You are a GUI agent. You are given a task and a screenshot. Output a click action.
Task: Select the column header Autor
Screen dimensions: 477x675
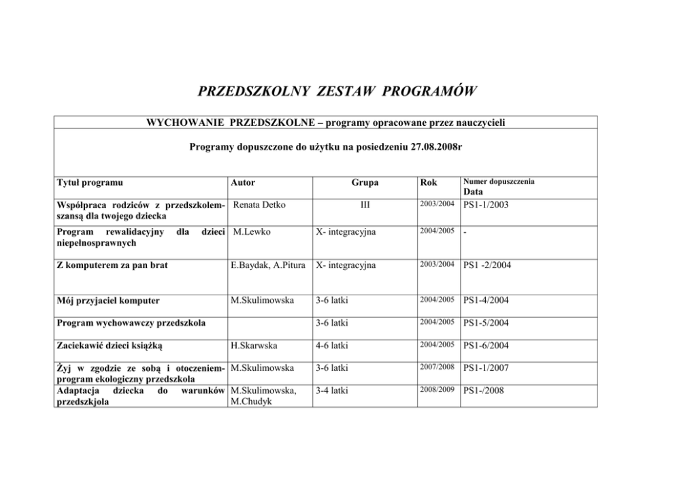tap(243, 182)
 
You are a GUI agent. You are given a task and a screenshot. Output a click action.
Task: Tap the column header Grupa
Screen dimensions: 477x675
tap(365, 182)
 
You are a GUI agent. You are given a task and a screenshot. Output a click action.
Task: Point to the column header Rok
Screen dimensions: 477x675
tap(429, 182)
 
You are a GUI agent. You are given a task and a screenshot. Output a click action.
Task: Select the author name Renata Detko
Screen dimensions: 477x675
tap(259, 205)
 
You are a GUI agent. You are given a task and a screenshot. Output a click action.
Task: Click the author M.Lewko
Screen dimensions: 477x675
tap(251, 232)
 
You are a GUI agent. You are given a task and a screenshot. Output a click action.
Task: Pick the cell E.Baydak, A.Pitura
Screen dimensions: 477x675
tap(270, 265)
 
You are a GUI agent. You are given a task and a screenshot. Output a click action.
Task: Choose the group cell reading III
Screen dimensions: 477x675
tap(365, 205)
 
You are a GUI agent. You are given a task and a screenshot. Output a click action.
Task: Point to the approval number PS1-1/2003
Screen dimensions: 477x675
tap(486, 205)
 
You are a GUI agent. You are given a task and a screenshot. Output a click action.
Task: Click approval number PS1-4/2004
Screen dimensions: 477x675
tap(486, 300)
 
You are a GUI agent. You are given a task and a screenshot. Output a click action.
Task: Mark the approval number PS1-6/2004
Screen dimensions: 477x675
tap(486, 346)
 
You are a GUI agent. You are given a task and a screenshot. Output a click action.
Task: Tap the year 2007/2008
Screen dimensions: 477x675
tap(437, 367)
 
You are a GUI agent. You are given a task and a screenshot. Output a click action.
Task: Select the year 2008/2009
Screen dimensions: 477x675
tap(437, 391)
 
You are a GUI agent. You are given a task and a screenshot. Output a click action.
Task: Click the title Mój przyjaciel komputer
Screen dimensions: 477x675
tap(109, 300)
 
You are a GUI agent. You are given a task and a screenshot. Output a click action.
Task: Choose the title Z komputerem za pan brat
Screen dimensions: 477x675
tap(112, 265)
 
